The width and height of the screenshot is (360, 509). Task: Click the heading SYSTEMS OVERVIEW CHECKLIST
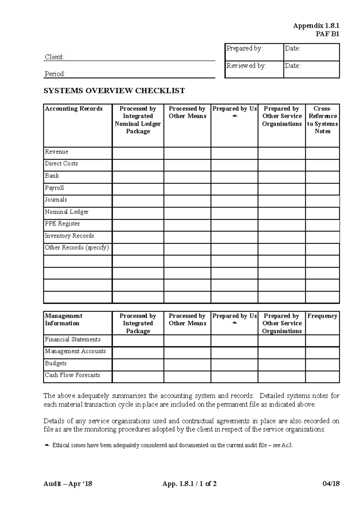114,91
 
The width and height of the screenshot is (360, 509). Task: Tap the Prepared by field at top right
254,52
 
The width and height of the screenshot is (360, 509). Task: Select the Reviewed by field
254,69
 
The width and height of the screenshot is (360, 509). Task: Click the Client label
55,57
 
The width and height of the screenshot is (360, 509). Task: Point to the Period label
55,74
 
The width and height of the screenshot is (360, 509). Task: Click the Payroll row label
54,188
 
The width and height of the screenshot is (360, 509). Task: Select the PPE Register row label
62,224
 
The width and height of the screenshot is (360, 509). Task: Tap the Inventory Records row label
69,236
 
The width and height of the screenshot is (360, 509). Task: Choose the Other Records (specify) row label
77,248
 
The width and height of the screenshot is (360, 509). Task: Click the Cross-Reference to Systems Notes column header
322,120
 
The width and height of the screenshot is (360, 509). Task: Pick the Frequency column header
322,316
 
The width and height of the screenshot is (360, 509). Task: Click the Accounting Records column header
74,109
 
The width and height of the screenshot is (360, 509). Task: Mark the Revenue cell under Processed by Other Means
187,153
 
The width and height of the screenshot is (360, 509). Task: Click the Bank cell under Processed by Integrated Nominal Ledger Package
138,177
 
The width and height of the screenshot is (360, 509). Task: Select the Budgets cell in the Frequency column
322,365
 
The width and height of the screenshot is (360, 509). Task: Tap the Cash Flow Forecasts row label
72,375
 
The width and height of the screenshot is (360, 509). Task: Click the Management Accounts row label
75,351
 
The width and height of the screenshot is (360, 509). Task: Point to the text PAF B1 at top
327,34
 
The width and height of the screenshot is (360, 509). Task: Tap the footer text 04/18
331,484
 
